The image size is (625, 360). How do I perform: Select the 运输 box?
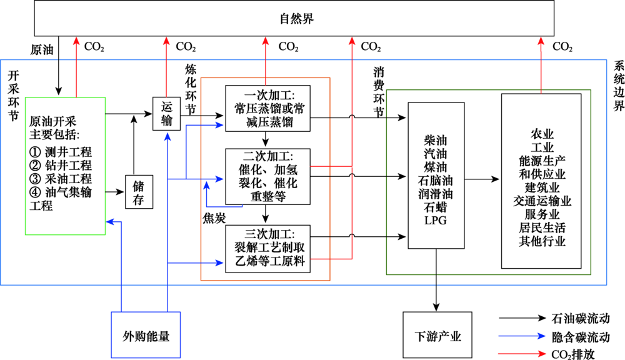coord(166,113)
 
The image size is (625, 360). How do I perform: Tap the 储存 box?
coord(139,191)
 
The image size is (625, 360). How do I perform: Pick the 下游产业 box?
coord(437,336)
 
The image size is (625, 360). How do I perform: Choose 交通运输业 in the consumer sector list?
coord(542,201)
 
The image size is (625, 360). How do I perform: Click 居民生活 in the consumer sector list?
coord(542,227)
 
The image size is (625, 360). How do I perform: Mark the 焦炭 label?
coord(213,217)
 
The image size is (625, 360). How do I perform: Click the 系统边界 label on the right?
coord(618,86)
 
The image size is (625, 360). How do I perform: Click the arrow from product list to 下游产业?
coord(436,287)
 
